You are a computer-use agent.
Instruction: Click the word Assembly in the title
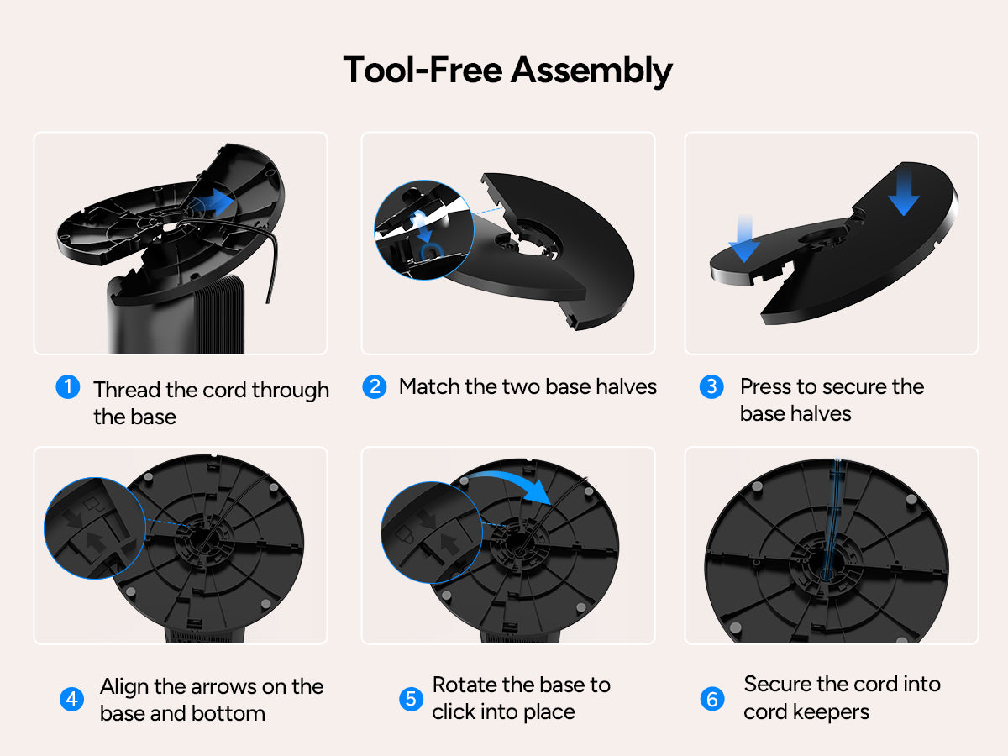click(591, 71)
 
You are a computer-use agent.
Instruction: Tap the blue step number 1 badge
click(68, 386)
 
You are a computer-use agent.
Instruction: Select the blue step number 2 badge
click(375, 386)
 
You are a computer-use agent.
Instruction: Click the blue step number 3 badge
click(711, 386)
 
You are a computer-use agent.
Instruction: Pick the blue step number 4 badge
click(71, 699)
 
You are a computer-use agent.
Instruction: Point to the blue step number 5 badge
click(411, 699)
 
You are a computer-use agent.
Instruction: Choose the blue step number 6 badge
click(712, 699)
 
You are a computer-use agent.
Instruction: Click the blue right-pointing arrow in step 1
click(213, 202)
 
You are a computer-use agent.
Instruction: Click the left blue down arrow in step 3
click(744, 239)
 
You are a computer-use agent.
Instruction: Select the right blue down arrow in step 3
click(904, 192)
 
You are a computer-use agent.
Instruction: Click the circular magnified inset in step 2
click(424, 230)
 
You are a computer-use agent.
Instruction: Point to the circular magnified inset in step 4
click(95, 528)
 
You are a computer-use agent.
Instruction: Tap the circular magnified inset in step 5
click(432, 533)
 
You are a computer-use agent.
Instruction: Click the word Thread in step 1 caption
click(127, 390)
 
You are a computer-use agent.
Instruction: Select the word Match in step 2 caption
click(429, 386)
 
